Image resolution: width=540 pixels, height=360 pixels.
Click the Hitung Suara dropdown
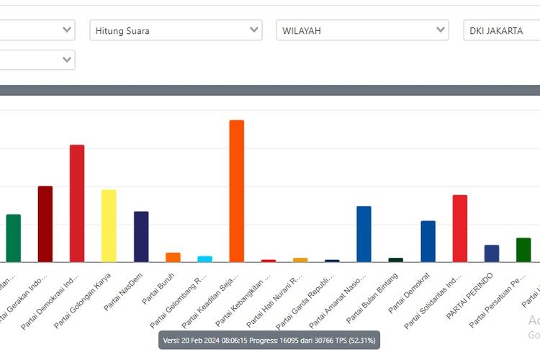click(176, 30)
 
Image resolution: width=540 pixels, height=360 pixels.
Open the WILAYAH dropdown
click(362, 30)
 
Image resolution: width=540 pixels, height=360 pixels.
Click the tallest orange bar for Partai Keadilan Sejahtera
click(236, 191)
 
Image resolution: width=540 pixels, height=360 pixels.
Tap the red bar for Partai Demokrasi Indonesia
click(77, 203)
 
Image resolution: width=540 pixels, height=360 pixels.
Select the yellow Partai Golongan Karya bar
click(109, 225)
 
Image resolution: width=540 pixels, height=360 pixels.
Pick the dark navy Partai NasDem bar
click(141, 236)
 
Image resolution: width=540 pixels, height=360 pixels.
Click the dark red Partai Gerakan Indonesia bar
click(45, 224)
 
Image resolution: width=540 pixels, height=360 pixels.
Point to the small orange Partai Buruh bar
click(173, 257)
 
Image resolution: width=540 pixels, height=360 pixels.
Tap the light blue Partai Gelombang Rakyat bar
click(204, 258)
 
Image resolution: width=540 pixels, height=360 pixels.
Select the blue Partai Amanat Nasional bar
click(364, 234)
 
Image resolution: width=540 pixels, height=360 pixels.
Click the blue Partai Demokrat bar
click(428, 241)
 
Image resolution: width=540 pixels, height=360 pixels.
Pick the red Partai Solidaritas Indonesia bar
click(459, 228)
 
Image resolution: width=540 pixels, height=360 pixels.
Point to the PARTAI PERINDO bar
click(492, 253)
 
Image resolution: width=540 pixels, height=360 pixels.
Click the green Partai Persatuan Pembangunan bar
click(523, 250)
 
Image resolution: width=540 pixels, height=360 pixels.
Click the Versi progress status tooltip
click(269, 340)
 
